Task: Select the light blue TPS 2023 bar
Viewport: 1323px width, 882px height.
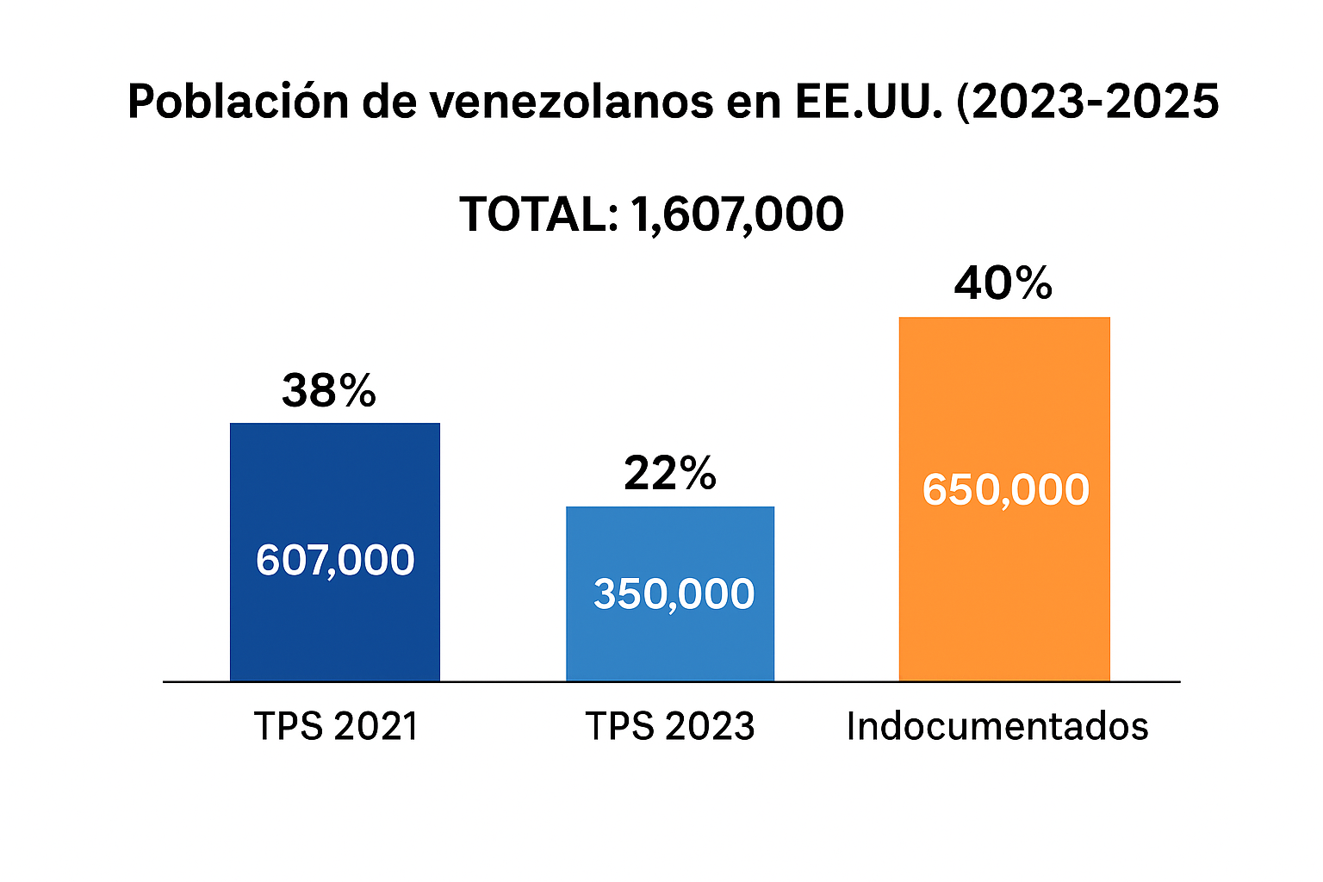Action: tap(670, 543)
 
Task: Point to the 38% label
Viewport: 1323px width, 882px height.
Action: tap(329, 390)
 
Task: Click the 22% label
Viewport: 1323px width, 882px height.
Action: tap(670, 473)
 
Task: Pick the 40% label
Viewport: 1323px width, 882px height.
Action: tap(1003, 283)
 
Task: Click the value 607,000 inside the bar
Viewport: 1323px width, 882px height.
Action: tap(335, 560)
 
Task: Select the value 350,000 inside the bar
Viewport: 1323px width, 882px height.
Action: tap(674, 594)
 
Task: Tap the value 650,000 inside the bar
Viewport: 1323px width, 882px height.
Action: tap(1006, 490)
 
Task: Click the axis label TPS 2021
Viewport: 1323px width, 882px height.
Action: tap(336, 726)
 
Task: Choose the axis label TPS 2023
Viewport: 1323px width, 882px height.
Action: tap(670, 726)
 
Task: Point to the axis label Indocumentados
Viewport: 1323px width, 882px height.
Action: tap(997, 726)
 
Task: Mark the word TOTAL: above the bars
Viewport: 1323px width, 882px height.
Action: tap(539, 214)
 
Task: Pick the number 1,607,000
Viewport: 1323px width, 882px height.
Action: tap(737, 214)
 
